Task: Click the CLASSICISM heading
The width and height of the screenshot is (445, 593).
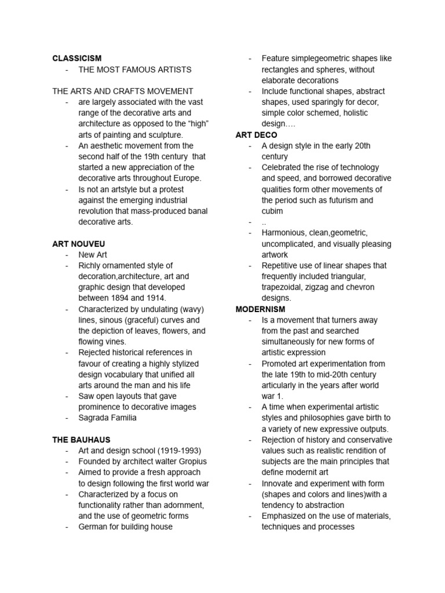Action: [x=76, y=58]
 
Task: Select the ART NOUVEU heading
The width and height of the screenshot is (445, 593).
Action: [x=78, y=244]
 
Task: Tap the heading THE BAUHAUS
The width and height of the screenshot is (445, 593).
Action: [x=81, y=440]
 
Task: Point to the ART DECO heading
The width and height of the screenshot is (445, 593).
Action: [x=256, y=135]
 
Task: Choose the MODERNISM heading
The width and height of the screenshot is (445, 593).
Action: [x=260, y=309]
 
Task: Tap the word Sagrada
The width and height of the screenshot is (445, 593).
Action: [x=94, y=418]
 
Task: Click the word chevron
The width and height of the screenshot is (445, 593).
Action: [x=360, y=287]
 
